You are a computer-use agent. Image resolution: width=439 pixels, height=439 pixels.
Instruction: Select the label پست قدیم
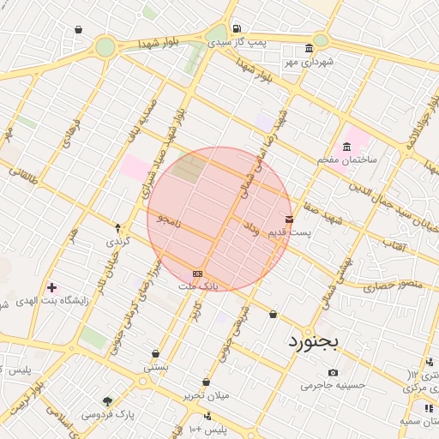pyautogui.click(x=290, y=232)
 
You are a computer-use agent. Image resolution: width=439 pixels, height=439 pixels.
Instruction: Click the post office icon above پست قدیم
pyautogui.click(x=289, y=219)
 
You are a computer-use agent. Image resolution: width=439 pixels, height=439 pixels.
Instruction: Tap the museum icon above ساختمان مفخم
pyautogui.click(x=347, y=147)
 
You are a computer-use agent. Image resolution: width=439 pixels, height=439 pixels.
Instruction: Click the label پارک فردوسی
pyautogui.click(x=107, y=414)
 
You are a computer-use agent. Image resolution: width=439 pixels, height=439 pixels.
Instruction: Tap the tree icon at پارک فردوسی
pyautogui.click(x=107, y=400)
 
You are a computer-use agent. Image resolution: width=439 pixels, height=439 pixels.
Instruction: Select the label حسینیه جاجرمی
pyautogui.click(x=333, y=386)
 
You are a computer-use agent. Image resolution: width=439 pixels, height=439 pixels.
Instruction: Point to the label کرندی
pyautogui.click(x=117, y=242)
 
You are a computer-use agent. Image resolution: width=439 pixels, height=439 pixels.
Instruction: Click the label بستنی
pyautogui.click(x=156, y=366)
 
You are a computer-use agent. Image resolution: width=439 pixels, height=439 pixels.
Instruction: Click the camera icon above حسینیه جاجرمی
pyautogui.click(x=333, y=373)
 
